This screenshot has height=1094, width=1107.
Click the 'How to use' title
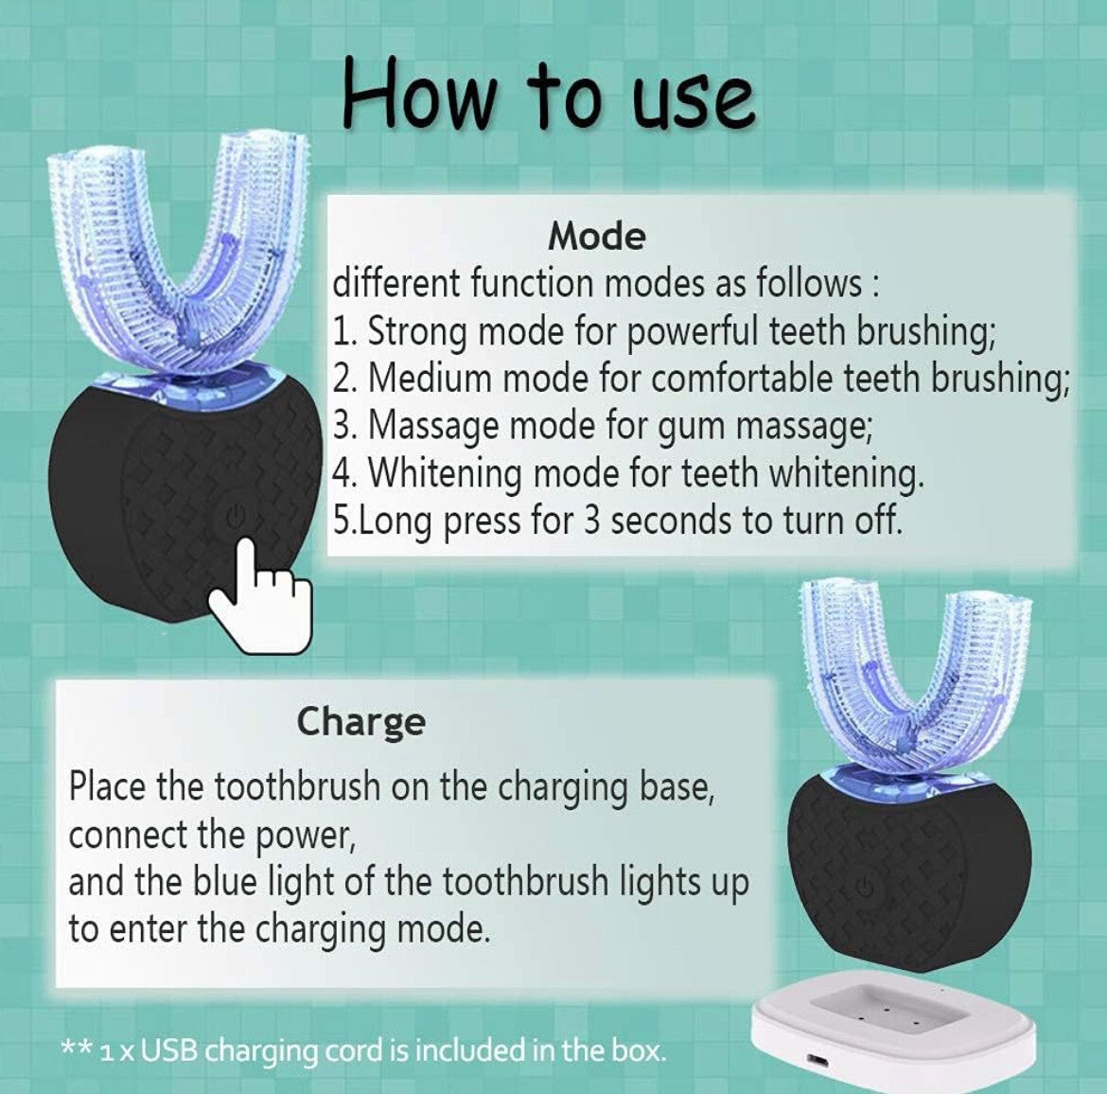tap(548, 96)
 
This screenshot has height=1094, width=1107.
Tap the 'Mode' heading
tap(597, 237)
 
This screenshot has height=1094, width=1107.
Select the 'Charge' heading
tap(360, 722)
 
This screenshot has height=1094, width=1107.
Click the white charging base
tap(893, 1032)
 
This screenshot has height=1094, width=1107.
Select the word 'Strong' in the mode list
tap(417, 331)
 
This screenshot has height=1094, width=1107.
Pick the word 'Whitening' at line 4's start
tap(446, 473)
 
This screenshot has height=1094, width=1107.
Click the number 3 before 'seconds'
tap(592, 521)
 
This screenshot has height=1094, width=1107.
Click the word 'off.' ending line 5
tap(879, 521)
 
